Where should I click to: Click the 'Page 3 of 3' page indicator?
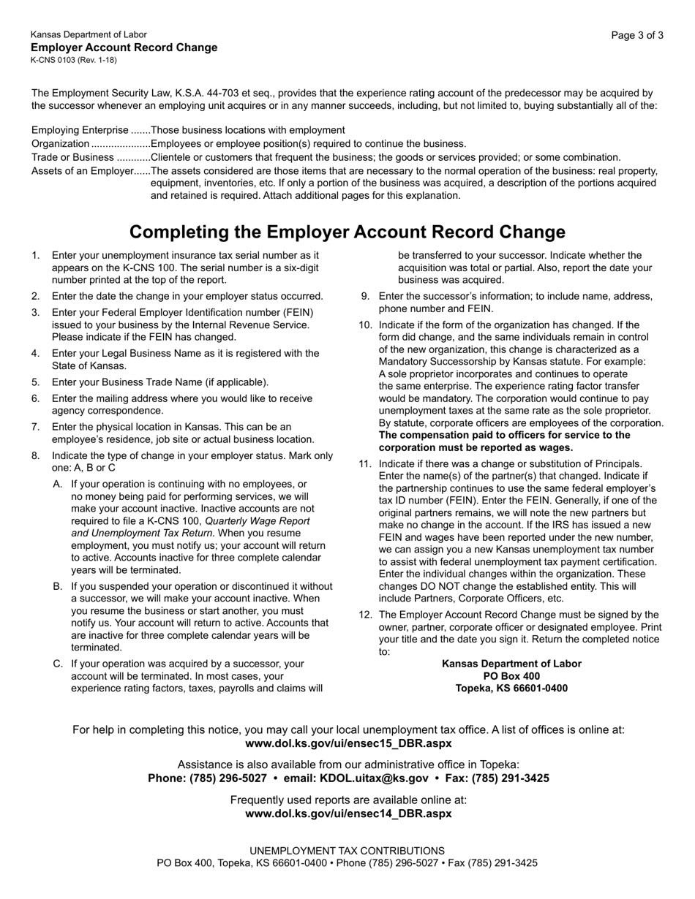(x=637, y=35)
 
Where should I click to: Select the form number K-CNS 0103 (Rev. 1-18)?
(x=73, y=60)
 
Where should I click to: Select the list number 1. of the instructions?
(x=36, y=256)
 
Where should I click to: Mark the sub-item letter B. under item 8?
(x=58, y=587)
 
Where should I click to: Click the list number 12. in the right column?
(x=365, y=615)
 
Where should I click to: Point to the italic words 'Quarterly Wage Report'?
(x=258, y=522)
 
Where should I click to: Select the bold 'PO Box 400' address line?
(x=511, y=676)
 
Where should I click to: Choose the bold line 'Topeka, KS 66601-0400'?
(x=511, y=689)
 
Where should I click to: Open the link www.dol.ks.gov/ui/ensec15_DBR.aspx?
(x=348, y=743)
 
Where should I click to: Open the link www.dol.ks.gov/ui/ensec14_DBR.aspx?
(x=348, y=813)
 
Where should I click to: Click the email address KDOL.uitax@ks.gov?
(x=374, y=778)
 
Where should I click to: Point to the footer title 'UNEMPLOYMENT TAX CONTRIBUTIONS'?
(x=347, y=851)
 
